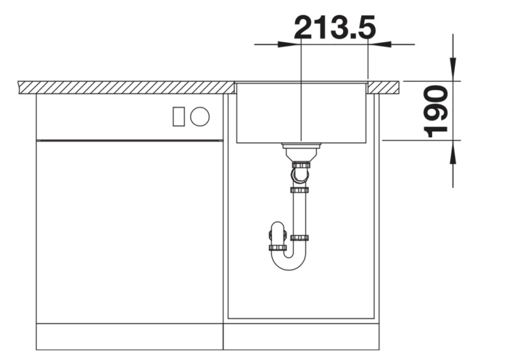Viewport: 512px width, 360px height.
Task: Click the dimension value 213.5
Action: coord(334,28)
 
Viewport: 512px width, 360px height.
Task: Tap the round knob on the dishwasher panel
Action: coord(200,116)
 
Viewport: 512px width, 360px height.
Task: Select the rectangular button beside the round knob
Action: coord(179,116)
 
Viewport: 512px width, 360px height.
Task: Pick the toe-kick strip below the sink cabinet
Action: coord(301,336)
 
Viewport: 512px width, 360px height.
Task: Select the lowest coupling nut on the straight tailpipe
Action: coord(299,238)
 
